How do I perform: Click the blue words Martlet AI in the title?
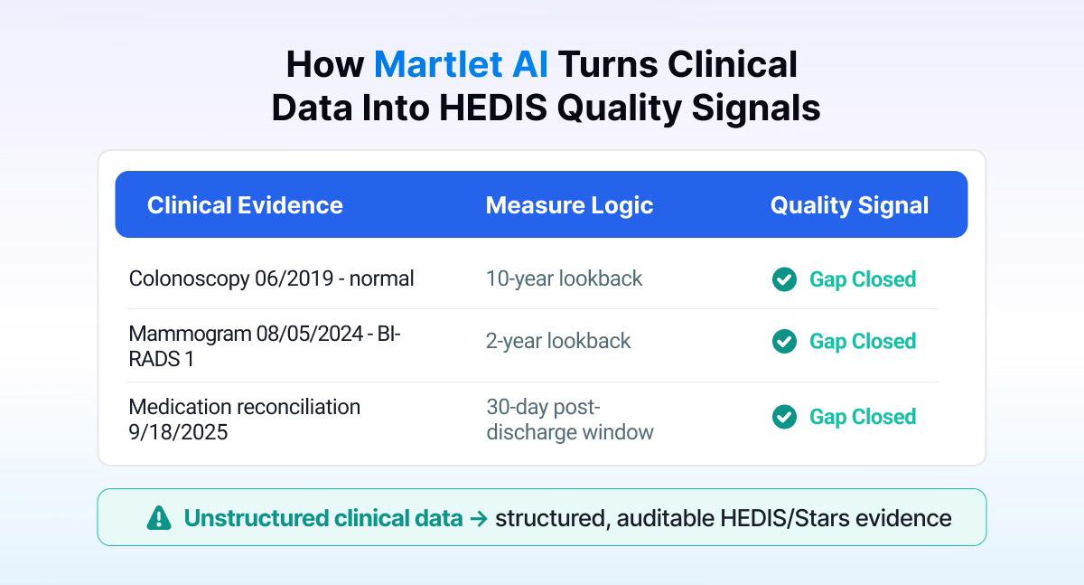point(462,64)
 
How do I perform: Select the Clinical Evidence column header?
point(245,205)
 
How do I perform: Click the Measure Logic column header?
point(569,206)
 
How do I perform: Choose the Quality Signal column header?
point(849,206)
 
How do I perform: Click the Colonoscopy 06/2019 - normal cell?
point(271,279)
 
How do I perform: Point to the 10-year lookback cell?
point(564,279)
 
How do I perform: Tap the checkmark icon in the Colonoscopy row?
point(784,279)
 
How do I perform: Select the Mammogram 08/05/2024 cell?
point(264,346)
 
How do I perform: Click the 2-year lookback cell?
point(558,341)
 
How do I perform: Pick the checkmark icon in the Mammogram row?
point(784,342)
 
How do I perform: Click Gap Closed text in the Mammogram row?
point(863,342)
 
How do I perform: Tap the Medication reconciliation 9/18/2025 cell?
point(245,420)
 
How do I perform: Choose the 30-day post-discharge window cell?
point(570,420)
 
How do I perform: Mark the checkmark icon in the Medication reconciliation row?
point(784,417)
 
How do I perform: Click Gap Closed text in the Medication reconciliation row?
point(863,417)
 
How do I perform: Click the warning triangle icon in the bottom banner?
point(159,518)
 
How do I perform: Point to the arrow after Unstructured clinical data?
point(479,519)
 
